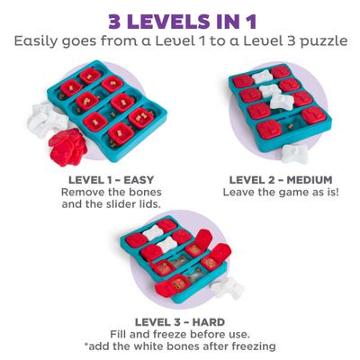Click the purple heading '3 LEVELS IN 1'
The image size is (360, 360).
coord(180,19)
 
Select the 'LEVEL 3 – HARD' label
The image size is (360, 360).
coord(180,321)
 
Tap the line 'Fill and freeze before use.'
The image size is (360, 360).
coord(180,334)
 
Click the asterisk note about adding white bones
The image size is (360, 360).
coord(180,346)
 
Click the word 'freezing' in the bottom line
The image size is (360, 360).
coord(255,346)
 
